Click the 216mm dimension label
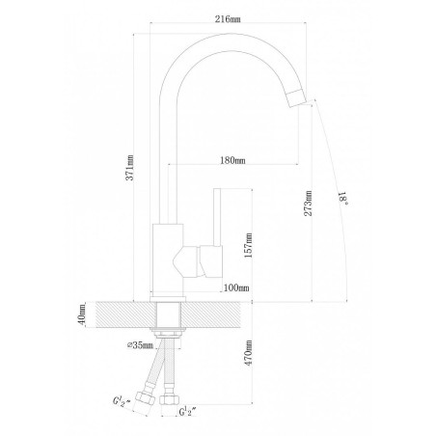pos(228,19)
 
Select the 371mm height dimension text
pos(129,168)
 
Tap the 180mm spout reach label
pos(232,160)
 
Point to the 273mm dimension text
pos(309,204)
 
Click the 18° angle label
pos(343,198)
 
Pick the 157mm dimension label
pos(248,246)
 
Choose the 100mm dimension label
pos(236,287)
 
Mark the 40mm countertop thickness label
pos(82,314)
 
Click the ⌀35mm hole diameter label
pos(140,345)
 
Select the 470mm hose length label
pos(248,353)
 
